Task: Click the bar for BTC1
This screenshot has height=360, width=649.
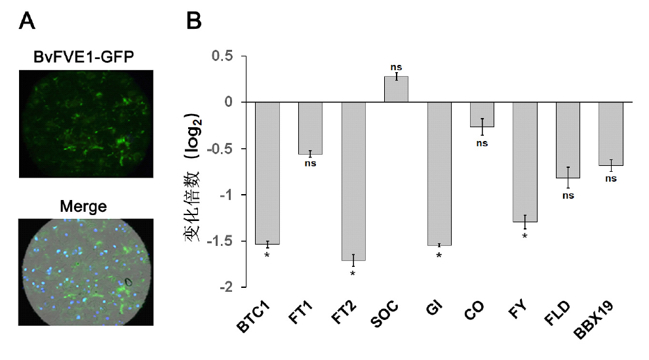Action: [x=267, y=173]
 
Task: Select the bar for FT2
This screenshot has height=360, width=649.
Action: [x=353, y=181]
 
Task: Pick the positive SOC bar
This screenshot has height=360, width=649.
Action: [x=396, y=89]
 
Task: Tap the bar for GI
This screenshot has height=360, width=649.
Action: [x=439, y=174]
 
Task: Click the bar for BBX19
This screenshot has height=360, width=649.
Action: [x=610, y=134]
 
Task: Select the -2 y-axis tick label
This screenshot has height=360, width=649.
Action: [x=226, y=287]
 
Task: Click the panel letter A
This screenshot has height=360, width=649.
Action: [x=27, y=22]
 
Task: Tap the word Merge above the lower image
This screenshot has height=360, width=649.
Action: [x=83, y=207]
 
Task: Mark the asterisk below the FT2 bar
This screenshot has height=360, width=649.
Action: [x=353, y=273]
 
